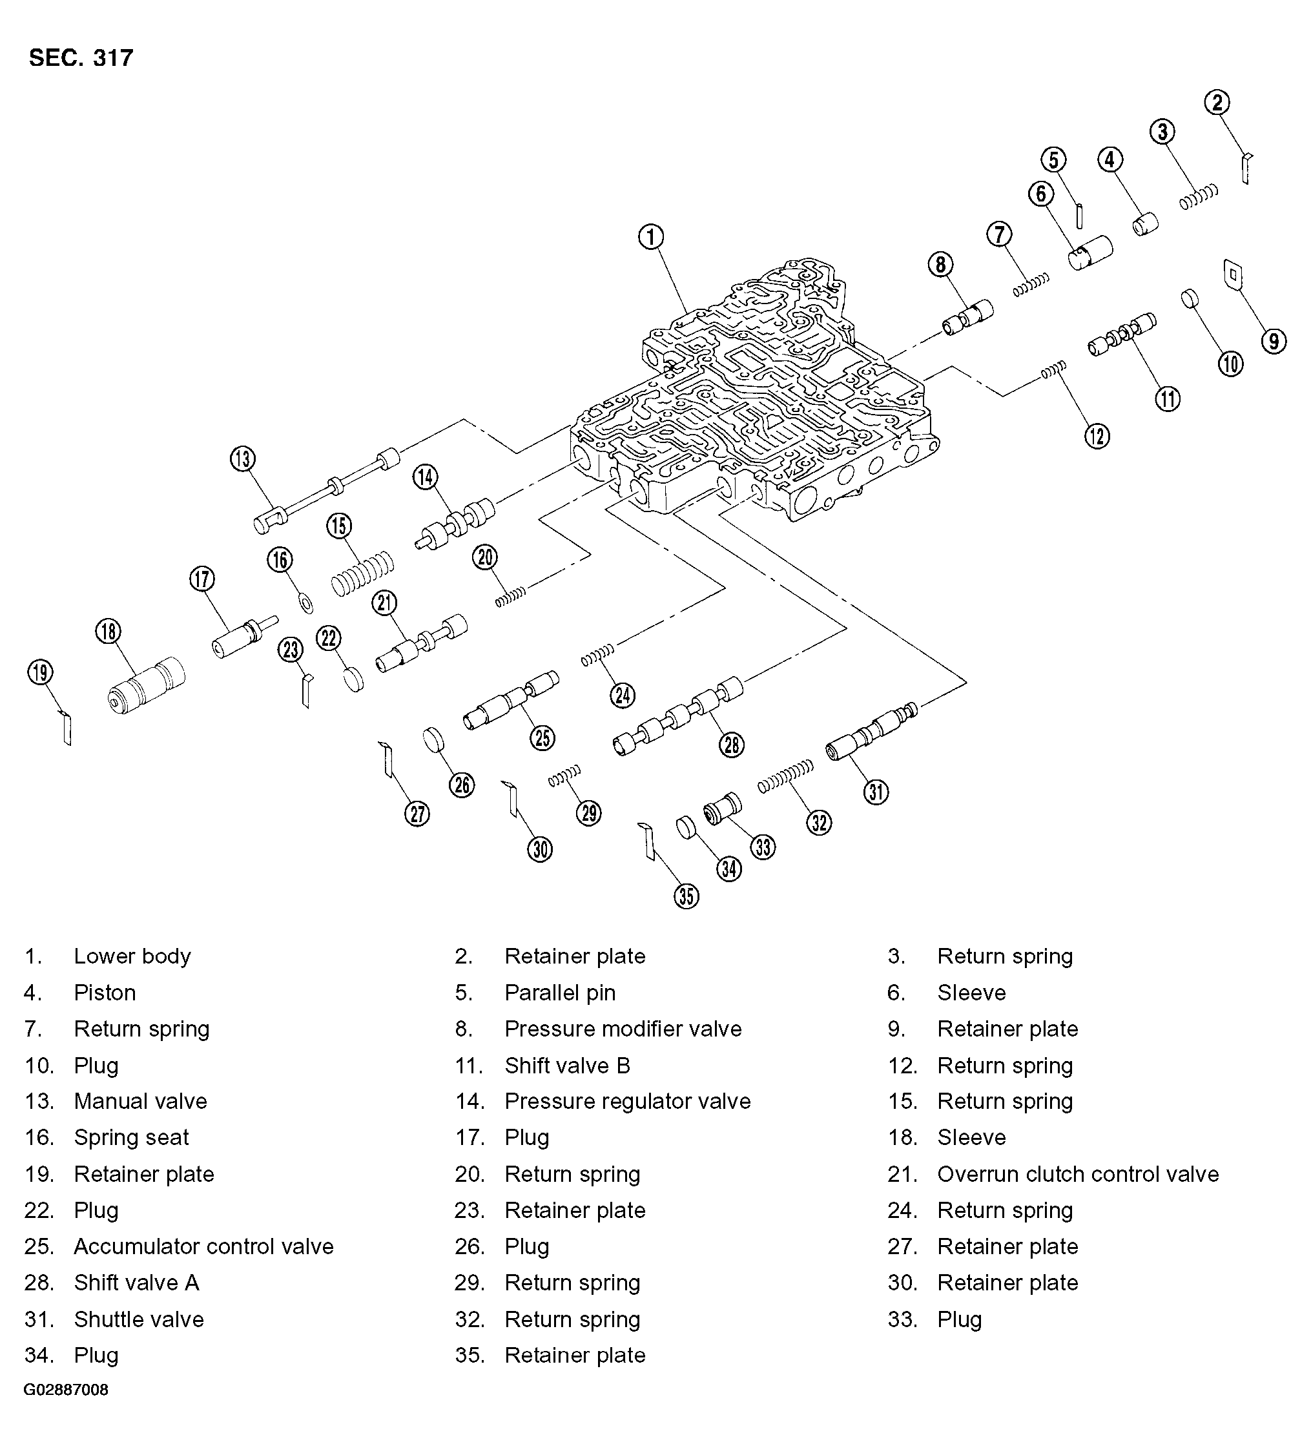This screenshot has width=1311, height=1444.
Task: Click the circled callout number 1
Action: coord(650,236)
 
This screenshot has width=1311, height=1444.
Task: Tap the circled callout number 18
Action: coord(108,631)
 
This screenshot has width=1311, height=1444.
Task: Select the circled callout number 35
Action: coord(686,895)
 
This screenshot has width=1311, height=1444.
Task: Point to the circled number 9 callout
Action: coord(1273,341)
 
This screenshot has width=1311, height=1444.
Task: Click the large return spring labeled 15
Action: coord(362,573)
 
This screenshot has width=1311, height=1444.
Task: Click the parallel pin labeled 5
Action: coord(1080,216)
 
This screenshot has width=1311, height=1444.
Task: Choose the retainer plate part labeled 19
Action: coord(66,728)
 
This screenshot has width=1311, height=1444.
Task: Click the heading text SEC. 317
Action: coord(81,58)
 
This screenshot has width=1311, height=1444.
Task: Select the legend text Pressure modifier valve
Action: coord(623,1029)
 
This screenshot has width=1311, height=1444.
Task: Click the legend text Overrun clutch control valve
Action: coord(1077,1174)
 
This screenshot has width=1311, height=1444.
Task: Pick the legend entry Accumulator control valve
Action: coord(203,1246)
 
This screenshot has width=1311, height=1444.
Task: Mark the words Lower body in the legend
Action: coord(132,956)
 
